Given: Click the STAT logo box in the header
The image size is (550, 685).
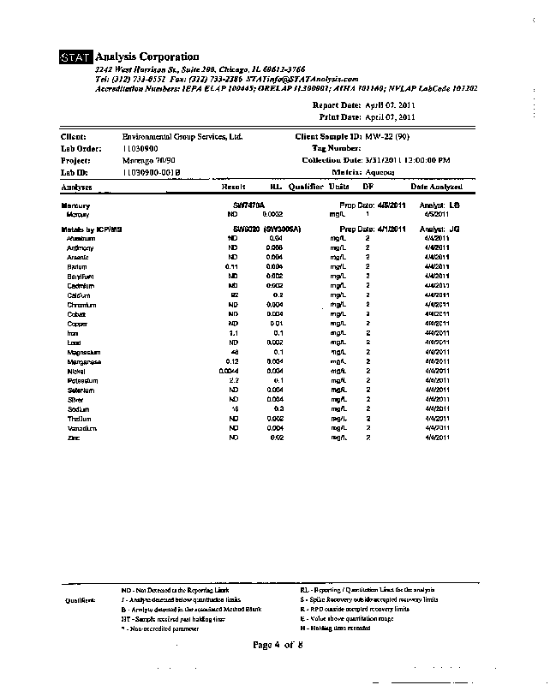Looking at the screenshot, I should (x=76, y=57).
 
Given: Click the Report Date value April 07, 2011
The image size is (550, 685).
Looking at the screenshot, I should (x=391, y=105).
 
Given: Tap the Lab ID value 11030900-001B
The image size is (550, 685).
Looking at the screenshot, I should (x=152, y=172).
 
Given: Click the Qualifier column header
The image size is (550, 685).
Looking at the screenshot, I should (x=305, y=186).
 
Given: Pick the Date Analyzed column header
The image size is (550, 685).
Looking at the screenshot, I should (x=437, y=186).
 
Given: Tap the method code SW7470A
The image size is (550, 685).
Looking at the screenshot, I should (x=249, y=205).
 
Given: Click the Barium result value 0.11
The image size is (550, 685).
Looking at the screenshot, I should (x=230, y=267).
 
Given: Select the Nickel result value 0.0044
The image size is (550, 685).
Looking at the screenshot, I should (x=229, y=371).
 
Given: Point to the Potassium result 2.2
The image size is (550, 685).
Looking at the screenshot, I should (x=231, y=380).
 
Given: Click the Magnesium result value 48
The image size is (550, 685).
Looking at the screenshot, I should (x=232, y=352).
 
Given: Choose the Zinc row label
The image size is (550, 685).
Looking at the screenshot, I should (x=73, y=438).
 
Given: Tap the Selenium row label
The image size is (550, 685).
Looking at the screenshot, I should (x=79, y=390).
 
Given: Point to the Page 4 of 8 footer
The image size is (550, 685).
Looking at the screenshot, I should (x=278, y=645).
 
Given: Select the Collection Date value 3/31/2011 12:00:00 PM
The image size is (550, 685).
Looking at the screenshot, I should (x=408, y=160).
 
